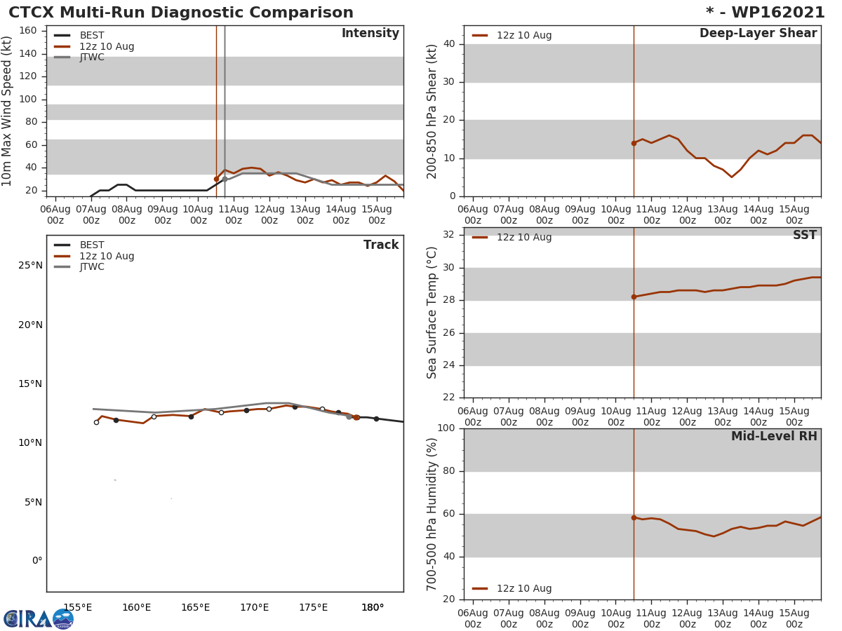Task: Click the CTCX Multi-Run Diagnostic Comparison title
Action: coord(181,13)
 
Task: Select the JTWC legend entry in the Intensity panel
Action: coord(92,57)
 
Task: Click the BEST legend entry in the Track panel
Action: coord(92,245)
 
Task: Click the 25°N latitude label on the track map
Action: coord(30,266)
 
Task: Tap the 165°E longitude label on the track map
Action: coord(195,607)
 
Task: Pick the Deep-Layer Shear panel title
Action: coord(758,34)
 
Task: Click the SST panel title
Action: coord(804,236)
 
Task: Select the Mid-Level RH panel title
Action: coord(773,436)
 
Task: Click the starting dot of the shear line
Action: coord(634,143)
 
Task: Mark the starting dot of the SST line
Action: coord(634,297)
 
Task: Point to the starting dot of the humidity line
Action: coord(634,517)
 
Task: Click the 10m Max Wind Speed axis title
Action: coord(8,111)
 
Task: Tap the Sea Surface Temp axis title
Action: coord(432,313)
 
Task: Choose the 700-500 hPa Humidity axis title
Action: coord(432,514)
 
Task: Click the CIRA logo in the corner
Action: coord(38,618)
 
